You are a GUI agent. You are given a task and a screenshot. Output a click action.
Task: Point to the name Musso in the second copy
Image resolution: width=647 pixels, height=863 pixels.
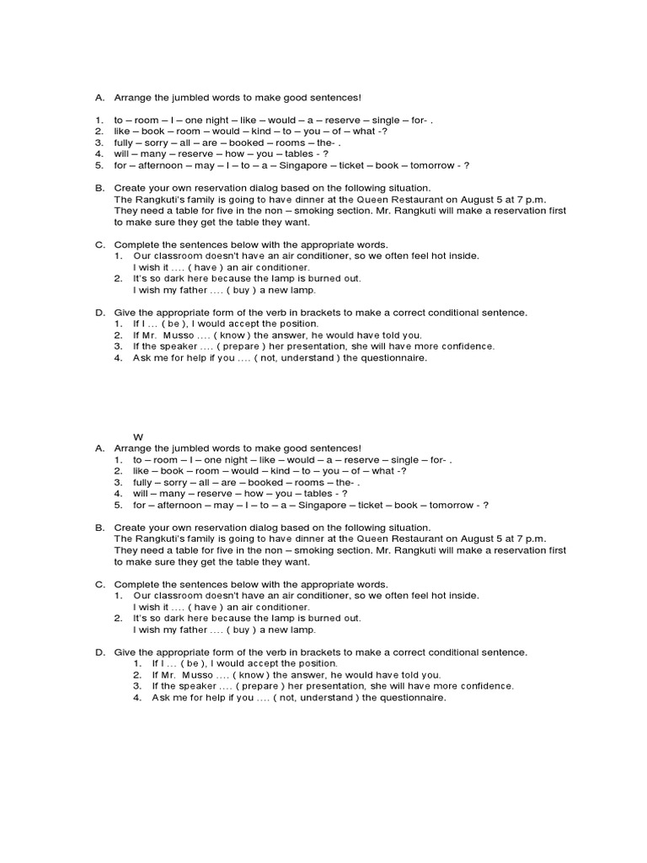tap(195, 675)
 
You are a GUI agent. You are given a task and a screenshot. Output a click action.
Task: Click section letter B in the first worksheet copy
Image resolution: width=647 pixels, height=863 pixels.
tap(99, 187)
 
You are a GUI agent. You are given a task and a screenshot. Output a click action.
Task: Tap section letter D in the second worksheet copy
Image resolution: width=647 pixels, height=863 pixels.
tap(99, 652)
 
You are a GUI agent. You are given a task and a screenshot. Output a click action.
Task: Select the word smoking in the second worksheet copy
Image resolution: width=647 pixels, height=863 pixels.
tap(294, 549)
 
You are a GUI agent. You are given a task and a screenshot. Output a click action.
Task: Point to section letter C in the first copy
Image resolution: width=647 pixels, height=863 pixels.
tap(99, 244)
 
